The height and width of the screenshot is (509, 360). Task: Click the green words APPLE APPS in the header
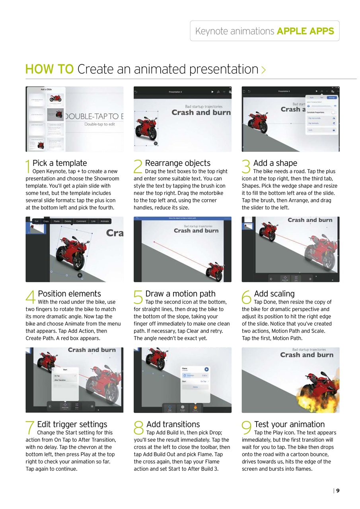(x=306, y=31)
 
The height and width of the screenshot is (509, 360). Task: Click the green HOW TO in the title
(x=49, y=69)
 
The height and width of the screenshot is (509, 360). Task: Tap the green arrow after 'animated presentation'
(x=263, y=70)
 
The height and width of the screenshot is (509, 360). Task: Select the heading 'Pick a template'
(x=60, y=163)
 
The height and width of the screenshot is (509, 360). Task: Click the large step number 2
(x=138, y=166)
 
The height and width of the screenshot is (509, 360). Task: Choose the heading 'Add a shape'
(x=275, y=163)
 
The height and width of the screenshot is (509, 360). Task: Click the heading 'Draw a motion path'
(x=180, y=294)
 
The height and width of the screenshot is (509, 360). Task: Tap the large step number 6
(x=246, y=297)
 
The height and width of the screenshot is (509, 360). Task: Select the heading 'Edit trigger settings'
(x=72, y=424)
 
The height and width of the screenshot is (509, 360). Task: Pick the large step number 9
(x=246, y=428)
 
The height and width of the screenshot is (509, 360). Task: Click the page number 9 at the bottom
(x=338, y=491)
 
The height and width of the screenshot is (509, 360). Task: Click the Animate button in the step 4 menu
(x=105, y=221)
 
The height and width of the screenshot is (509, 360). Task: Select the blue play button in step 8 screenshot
(x=206, y=369)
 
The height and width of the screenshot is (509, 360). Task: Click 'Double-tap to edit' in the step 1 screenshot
(x=99, y=124)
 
